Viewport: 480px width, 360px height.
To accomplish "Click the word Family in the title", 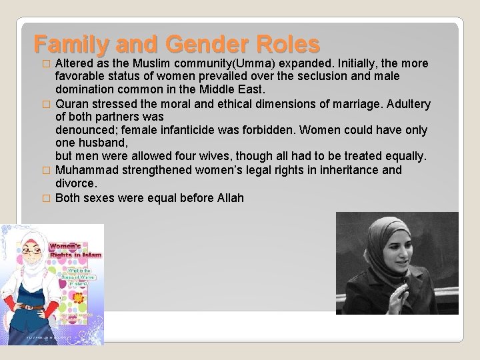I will [x=71, y=44].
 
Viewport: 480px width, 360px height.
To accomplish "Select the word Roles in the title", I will [x=286, y=44].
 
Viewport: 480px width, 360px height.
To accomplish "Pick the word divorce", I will [x=76, y=183].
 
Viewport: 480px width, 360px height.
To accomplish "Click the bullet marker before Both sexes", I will [x=46, y=199].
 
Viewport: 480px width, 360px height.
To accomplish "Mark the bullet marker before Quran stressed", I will [x=46, y=105].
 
